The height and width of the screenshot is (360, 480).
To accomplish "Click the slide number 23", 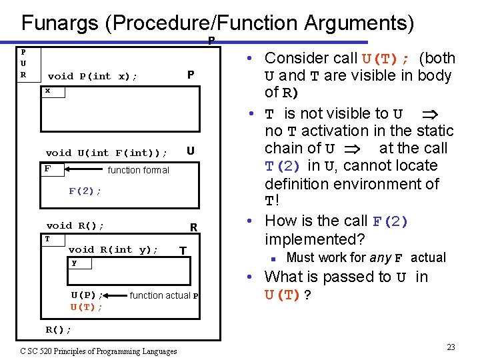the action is click(451, 347).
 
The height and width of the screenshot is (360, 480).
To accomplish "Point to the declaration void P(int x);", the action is click(93, 77).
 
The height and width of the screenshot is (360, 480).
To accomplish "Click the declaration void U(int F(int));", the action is click(107, 153).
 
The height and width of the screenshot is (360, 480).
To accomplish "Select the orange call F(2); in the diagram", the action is click(85, 191).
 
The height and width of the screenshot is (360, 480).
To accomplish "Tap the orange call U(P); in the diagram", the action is click(87, 295).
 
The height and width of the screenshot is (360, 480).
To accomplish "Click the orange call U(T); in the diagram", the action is click(87, 307).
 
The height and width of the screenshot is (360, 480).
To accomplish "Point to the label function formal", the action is click(139, 170).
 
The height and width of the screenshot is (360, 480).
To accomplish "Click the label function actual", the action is click(160, 295).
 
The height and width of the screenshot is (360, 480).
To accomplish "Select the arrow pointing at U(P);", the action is click(117, 295).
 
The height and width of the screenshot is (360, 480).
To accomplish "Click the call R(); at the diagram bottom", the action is click(59, 329).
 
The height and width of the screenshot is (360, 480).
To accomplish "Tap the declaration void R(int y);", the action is click(113, 249).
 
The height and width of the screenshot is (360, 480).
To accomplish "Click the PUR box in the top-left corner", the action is click(24, 63).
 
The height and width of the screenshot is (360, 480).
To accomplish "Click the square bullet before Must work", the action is click(273, 258).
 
